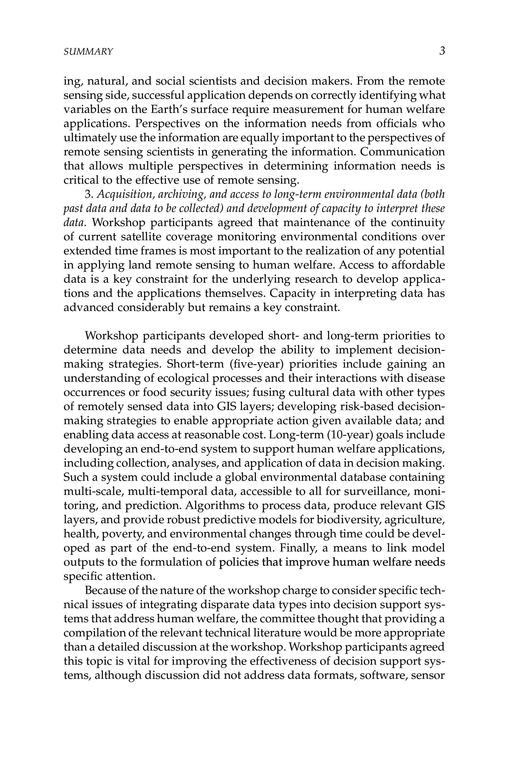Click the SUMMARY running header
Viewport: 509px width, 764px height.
point(88,52)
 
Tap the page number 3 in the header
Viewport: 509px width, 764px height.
point(442,51)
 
